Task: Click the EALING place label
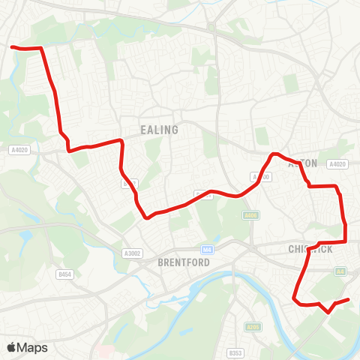(160, 130)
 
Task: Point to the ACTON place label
(304, 163)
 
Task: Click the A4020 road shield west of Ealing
(20, 150)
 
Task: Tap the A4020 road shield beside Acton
(337, 164)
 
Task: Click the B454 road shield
(64, 275)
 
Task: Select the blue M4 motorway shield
(208, 248)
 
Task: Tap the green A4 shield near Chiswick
(342, 271)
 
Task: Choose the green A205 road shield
(253, 326)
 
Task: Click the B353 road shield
(235, 351)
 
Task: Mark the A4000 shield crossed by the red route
(260, 177)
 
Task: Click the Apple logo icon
(11, 347)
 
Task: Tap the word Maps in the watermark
(33, 347)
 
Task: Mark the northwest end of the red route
(12, 46)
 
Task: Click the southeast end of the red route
(349, 300)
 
